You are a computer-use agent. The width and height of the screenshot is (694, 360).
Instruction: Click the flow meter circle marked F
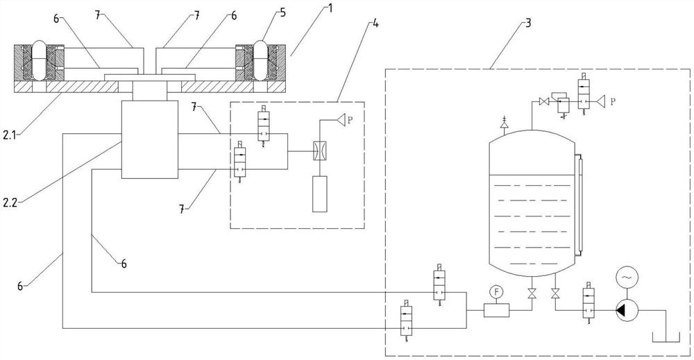click(496, 292)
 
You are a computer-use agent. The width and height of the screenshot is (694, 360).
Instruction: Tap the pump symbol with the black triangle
click(627, 311)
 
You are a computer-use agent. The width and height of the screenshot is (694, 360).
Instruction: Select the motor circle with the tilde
click(627, 277)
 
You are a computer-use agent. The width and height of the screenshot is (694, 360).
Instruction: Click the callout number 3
click(528, 23)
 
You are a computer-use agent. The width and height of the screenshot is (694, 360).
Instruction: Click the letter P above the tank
click(613, 101)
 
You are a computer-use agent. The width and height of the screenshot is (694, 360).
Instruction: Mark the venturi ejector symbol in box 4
click(319, 151)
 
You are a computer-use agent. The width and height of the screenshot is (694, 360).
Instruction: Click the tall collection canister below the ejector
click(319, 194)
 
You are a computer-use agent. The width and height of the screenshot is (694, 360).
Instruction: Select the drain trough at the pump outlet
click(666, 338)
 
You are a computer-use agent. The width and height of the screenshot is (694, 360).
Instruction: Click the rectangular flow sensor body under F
click(497, 311)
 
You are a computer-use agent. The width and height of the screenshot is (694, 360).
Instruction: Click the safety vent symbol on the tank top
click(504, 123)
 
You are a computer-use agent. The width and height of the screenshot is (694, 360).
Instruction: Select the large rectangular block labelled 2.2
click(150, 139)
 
